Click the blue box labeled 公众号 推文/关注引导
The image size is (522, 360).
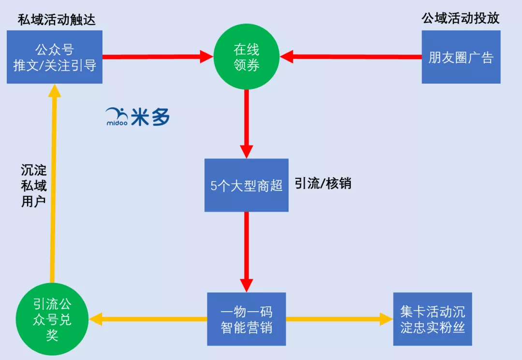pyautogui.click(x=55, y=57)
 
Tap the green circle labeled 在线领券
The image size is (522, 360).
pyautogui.click(x=246, y=57)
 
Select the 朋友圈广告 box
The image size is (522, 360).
pyautogui.click(x=461, y=57)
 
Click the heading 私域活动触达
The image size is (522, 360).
pyautogui.click(x=57, y=19)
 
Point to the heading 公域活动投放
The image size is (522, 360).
pyautogui.click(x=460, y=18)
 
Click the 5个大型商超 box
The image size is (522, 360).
pyautogui.click(x=246, y=185)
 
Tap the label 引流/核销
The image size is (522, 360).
pyautogui.click(x=323, y=184)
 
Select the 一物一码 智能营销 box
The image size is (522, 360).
pyautogui.click(x=246, y=319)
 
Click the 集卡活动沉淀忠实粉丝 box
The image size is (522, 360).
pyautogui.click(x=433, y=319)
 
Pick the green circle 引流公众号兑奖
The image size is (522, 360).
pyautogui.click(x=52, y=319)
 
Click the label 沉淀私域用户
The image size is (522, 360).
pyautogui.click(x=33, y=186)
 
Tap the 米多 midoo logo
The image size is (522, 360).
pyautogui.click(x=138, y=116)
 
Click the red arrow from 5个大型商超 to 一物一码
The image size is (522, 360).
pyautogui.click(x=246, y=251)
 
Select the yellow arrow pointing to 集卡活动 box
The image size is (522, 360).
pyautogui.click(x=338, y=319)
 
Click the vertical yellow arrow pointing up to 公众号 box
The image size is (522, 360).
pyautogui.click(x=53, y=184)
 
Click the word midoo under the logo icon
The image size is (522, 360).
pyautogui.click(x=116, y=123)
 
